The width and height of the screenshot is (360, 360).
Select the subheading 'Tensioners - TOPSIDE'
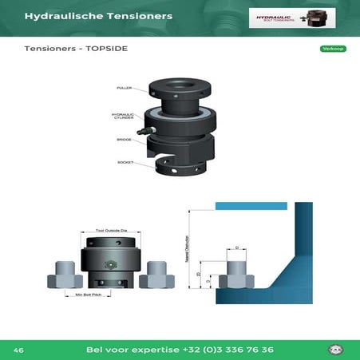(76, 49)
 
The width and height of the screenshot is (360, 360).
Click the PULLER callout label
(124, 88)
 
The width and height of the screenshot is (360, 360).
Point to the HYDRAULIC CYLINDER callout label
(122, 117)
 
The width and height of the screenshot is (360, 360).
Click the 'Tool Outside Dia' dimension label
(111, 230)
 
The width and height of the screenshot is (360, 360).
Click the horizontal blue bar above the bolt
(251, 206)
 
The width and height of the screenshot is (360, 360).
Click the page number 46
(18, 350)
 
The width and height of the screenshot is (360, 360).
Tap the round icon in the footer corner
(336, 350)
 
